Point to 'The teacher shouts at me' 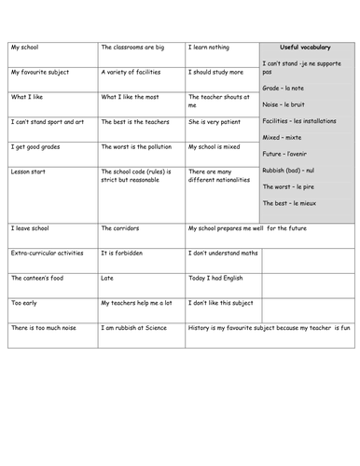click(218, 101)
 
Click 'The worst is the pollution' click(140, 146)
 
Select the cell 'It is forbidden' click(124, 253)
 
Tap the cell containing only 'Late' click(109, 278)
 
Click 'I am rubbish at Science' click(138, 328)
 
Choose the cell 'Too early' click(27, 303)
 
